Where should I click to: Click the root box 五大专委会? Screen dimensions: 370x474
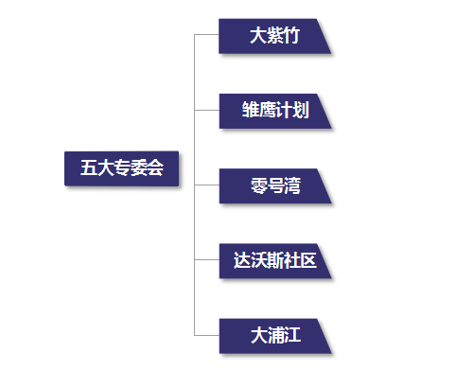coord(121,168)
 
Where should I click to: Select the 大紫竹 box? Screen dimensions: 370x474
coord(274,36)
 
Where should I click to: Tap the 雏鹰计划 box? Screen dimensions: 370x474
coord(274,111)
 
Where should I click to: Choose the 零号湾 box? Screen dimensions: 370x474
coord(274,185)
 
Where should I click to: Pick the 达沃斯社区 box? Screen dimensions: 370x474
coord(274,260)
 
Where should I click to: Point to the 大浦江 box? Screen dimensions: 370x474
coord(274,335)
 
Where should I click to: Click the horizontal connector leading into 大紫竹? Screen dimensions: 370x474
coord(206,36)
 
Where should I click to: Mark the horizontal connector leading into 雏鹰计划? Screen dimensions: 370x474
coord(206,111)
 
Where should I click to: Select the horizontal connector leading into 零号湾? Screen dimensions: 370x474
coord(206,185)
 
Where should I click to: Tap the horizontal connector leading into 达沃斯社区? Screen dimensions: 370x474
coord(206,260)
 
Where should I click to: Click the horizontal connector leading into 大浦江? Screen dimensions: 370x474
coord(206,335)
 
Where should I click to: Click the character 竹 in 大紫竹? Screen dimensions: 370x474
coord(291,36)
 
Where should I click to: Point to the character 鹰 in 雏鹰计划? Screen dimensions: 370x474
coord(266,111)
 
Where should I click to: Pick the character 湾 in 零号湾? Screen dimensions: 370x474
coord(292,185)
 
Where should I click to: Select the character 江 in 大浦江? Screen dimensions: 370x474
coord(291,335)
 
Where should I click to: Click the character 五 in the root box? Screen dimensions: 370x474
coord(88,168)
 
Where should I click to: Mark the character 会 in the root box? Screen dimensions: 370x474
coord(155,168)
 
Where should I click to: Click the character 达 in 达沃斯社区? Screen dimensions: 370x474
coord(241,260)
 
